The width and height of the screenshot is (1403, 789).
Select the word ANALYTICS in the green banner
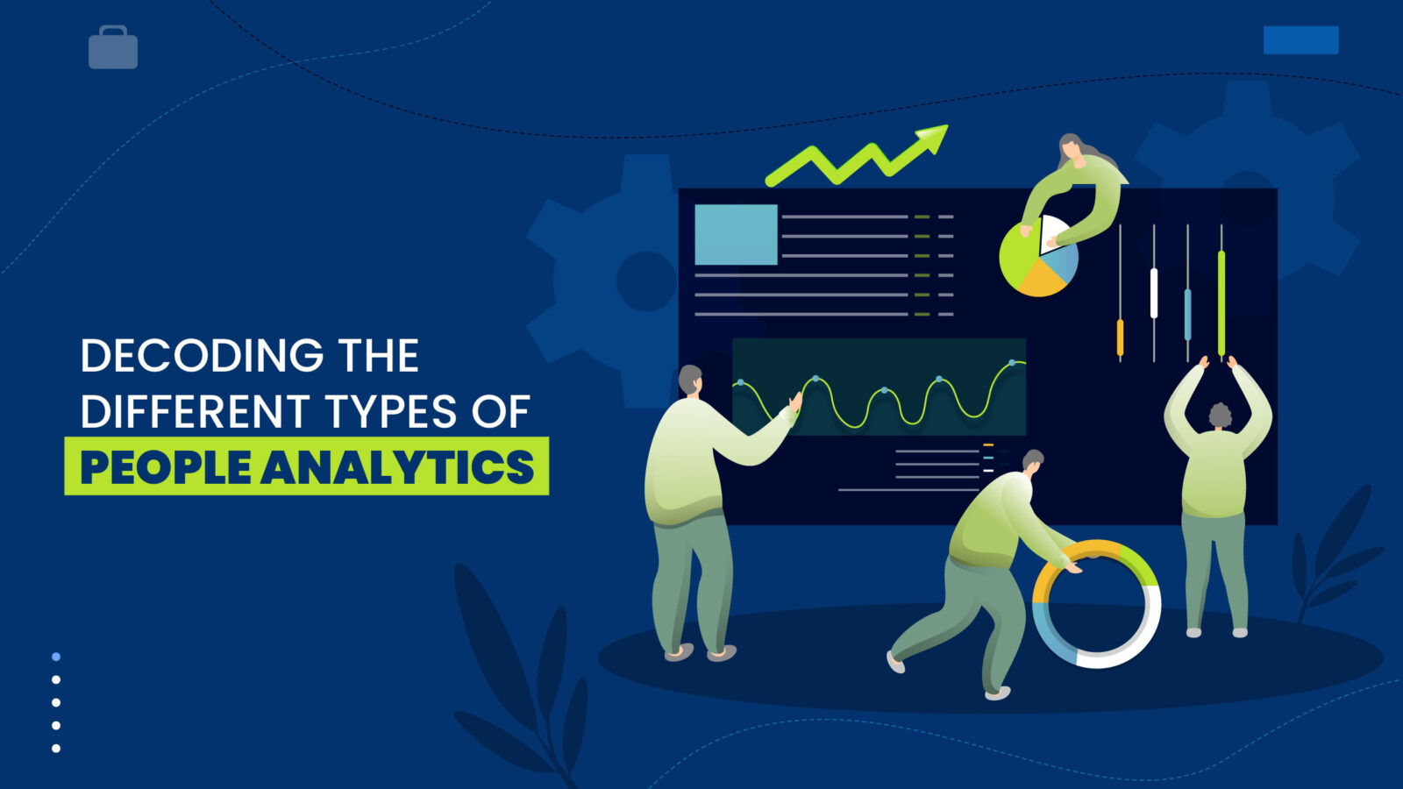coord(398,466)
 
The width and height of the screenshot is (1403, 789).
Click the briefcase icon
coord(113,48)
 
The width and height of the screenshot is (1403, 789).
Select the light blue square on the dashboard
coord(736,235)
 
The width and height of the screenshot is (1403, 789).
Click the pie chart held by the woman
coord(1038,259)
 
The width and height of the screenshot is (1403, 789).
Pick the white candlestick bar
coord(1154,293)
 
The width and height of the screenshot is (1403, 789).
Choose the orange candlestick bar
coord(1120,337)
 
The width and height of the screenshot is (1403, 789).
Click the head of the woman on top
coord(1070,148)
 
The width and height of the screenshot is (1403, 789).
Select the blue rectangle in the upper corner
coord(1300,40)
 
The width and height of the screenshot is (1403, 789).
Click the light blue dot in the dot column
coord(56,657)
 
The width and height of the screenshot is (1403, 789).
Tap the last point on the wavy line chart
coord(1013,362)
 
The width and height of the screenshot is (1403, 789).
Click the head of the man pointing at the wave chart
coord(691,380)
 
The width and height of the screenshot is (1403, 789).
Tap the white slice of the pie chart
coord(1051,233)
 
